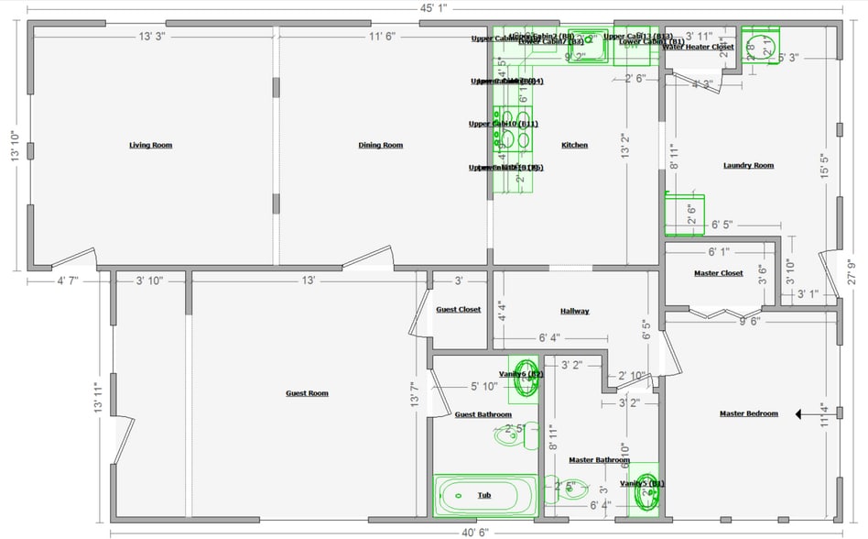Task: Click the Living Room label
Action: click(x=150, y=145)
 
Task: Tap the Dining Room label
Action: click(x=380, y=145)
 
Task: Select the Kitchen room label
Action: click(x=574, y=145)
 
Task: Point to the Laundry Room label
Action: click(x=748, y=165)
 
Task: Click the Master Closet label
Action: click(x=719, y=273)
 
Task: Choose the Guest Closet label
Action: click(x=458, y=310)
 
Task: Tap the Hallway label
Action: click(x=575, y=312)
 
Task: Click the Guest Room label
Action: click(x=307, y=393)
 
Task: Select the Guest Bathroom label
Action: click(x=483, y=414)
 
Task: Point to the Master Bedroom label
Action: click(x=748, y=413)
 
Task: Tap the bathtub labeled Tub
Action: click(x=484, y=495)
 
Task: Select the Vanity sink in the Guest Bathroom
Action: click(x=526, y=379)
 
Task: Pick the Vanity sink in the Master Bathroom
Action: click(x=647, y=493)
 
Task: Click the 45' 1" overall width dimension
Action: click(x=433, y=8)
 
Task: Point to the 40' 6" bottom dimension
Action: click(x=474, y=531)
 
